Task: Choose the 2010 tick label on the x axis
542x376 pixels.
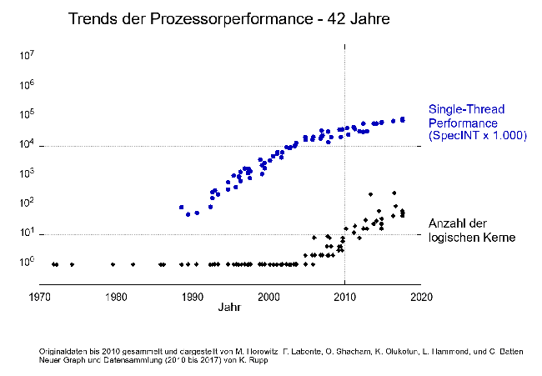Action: (x=345, y=297)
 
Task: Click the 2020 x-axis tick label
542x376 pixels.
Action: (x=421, y=297)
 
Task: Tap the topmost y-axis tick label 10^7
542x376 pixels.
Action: (x=26, y=57)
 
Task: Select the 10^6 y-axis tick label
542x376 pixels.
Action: (x=26, y=86)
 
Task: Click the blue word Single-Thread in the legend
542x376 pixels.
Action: (x=467, y=109)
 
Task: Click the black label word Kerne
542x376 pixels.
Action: (x=497, y=238)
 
